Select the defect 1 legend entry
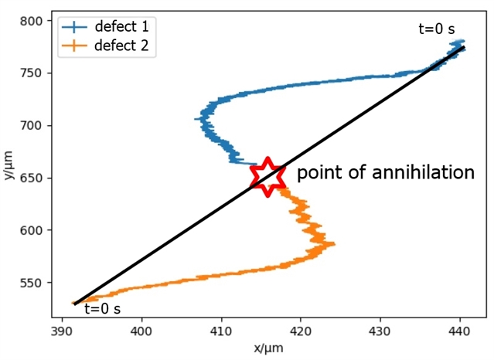point(105,27)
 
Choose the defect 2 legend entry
point(105,46)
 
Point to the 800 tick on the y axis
point(31,21)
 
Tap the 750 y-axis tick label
point(31,73)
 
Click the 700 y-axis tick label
point(31,126)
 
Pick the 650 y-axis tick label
point(31,178)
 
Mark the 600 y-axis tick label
point(31,230)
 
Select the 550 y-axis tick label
point(31,283)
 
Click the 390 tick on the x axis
point(62,331)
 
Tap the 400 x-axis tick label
point(141,331)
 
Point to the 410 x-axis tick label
point(221,331)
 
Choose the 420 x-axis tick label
point(301,331)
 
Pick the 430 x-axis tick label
point(380,331)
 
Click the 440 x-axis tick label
point(460,331)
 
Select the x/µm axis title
point(268,348)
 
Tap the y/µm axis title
point(9,165)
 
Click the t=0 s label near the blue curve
point(437,29)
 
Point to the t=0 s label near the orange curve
point(102,309)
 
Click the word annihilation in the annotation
point(423,172)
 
